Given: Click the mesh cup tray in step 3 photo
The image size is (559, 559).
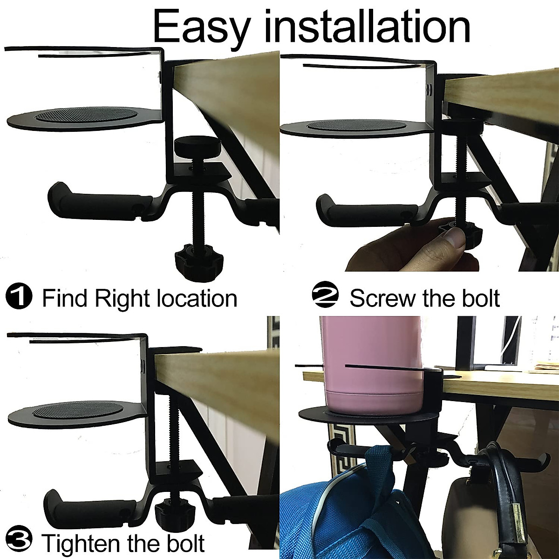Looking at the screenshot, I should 79,411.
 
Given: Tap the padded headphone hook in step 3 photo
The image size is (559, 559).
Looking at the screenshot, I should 70,501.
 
